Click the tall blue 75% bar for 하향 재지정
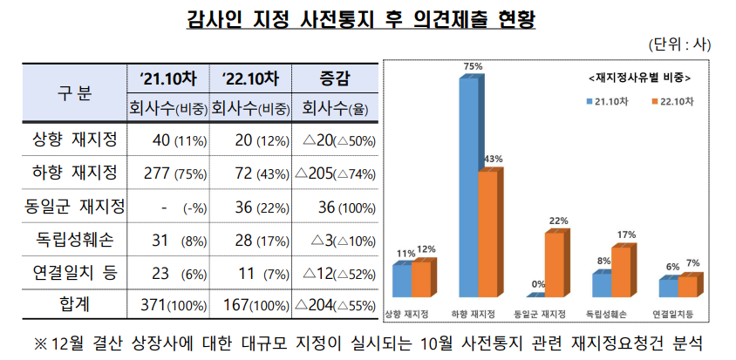click(469, 187)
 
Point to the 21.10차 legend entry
click(604, 101)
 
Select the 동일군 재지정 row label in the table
click(75, 206)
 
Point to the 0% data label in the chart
click(538, 284)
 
